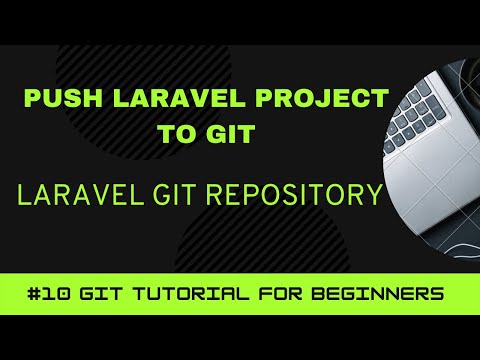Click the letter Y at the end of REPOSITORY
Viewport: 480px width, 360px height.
pyautogui.click(x=375, y=194)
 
